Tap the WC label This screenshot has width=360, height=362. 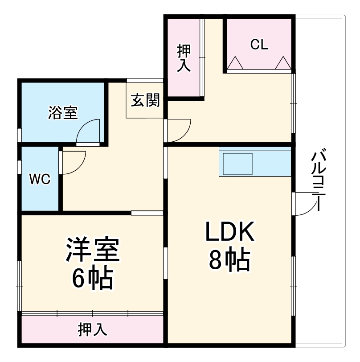(40, 179)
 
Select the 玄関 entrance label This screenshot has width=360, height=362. (145, 102)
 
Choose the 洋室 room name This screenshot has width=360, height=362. (93, 251)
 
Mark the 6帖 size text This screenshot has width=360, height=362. (93, 279)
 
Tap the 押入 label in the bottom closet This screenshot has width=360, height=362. (93, 330)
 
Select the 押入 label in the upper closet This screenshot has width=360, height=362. (184, 58)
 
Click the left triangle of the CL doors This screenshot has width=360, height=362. (235, 64)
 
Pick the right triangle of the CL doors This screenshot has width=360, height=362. (282, 64)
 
